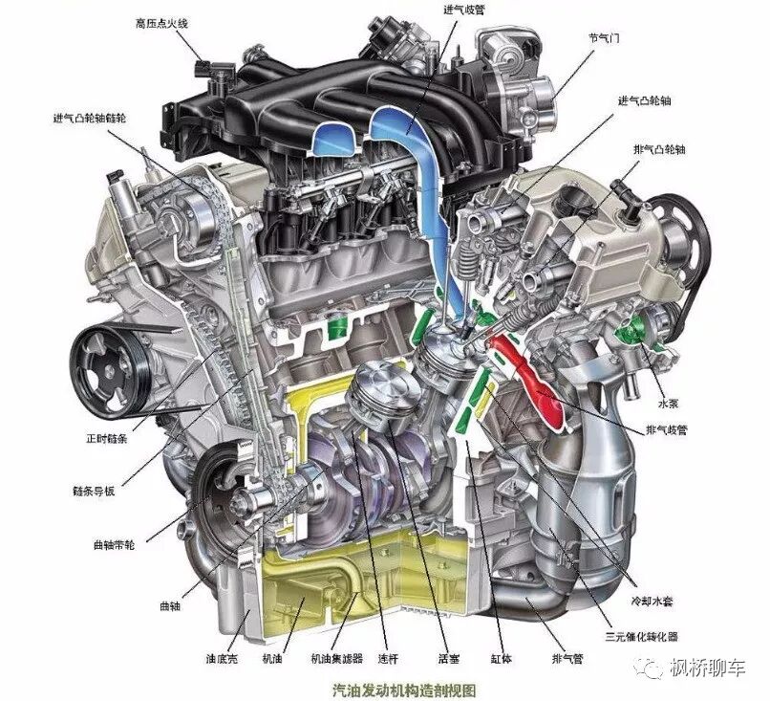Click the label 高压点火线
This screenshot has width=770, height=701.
pyautogui.click(x=161, y=24)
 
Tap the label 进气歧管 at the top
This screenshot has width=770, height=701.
pyautogui.click(x=464, y=9)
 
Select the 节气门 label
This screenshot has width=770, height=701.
pyautogui.click(x=604, y=37)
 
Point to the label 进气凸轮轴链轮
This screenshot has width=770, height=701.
pyautogui.click(x=90, y=118)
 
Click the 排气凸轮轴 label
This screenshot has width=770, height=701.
pyautogui.click(x=659, y=149)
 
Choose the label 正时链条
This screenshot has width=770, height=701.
pyautogui.click(x=107, y=439)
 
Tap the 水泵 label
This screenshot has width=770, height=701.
pyautogui.click(x=668, y=404)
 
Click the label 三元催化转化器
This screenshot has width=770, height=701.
pyautogui.click(x=641, y=637)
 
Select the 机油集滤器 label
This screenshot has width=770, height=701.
pyautogui.click(x=337, y=658)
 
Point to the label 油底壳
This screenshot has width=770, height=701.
pyautogui.click(x=222, y=658)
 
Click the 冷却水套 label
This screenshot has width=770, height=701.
pyautogui.click(x=652, y=601)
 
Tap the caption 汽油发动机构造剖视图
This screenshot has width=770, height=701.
pyautogui.click(x=404, y=690)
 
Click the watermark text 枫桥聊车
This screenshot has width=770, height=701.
pyautogui.click(x=708, y=668)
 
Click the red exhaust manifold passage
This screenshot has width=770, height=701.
pyautogui.click(x=530, y=379)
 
